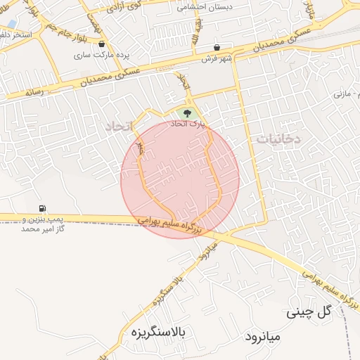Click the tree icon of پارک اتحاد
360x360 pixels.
[x=186, y=112]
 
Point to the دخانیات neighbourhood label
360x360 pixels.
[x=278, y=139]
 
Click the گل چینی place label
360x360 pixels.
[x=309, y=311]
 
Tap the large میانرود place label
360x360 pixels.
[x=262, y=337]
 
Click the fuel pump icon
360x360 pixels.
[x=44, y=208]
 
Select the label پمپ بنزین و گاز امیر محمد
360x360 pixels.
[x=44, y=224]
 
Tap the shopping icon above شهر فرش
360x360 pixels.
[x=217, y=47]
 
